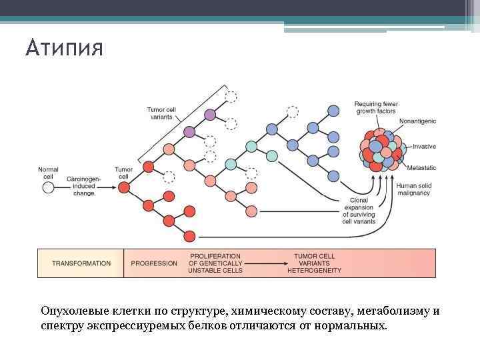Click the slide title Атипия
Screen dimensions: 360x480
point(65,49)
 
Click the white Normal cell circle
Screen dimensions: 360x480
point(48,188)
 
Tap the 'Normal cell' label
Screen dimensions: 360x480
point(48,173)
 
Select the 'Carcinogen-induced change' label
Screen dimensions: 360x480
point(84,186)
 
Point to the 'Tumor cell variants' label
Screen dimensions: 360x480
point(160,113)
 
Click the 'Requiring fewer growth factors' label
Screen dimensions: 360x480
point(376,107)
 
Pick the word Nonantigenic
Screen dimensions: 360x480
point(417,121)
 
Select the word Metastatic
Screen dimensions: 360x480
point(421,167)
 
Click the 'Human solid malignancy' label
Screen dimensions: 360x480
point(413,189)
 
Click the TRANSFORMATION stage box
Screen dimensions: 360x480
point(81,263)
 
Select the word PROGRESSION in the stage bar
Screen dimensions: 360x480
point(154,263)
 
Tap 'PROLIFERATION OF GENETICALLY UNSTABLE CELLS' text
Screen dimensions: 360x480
point(215,263)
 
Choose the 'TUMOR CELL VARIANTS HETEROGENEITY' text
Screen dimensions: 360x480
point(314,263)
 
